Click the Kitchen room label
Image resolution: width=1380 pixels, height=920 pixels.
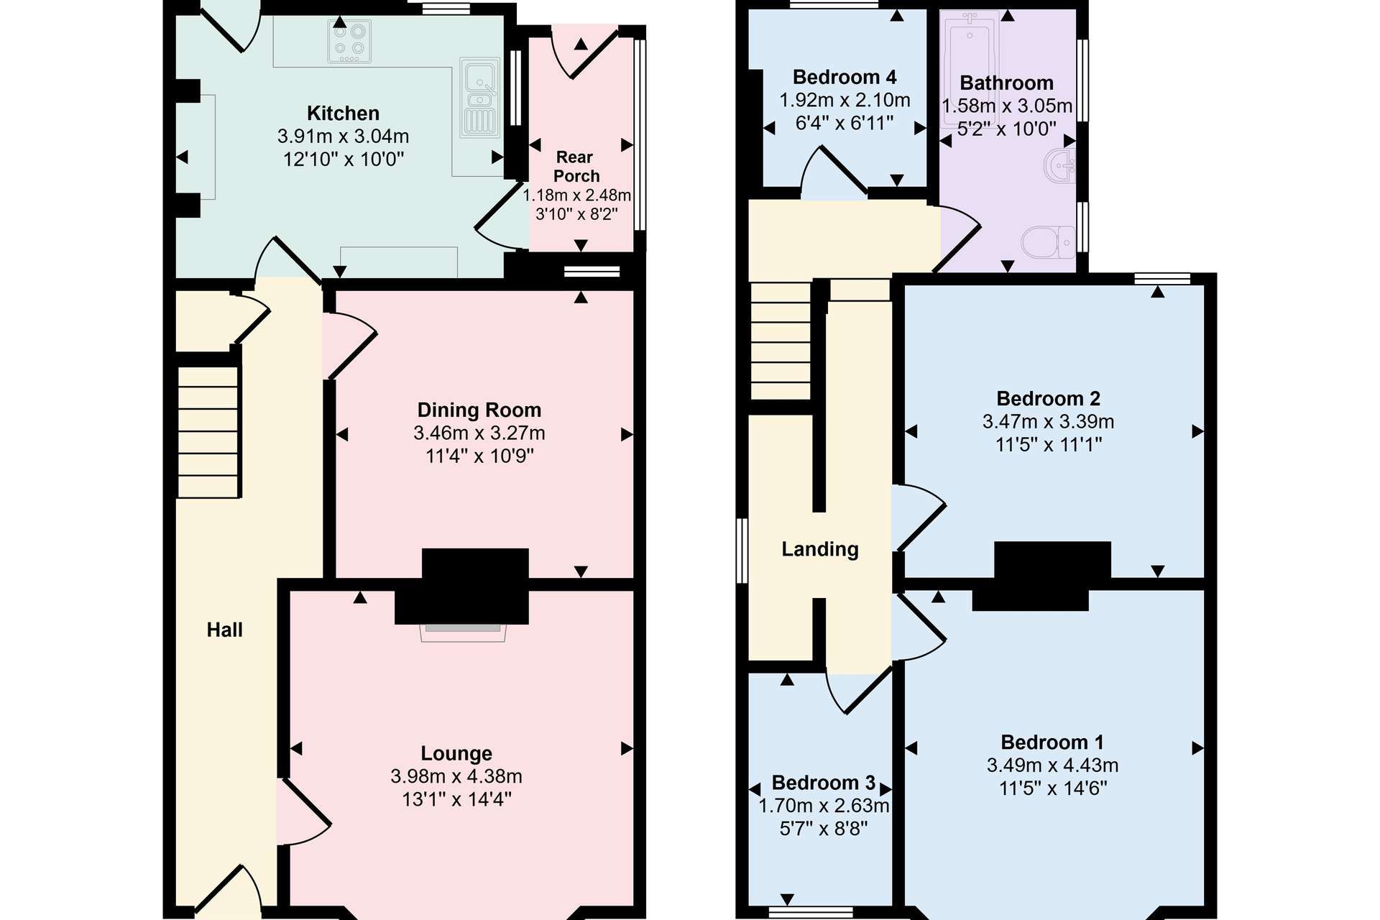(343, 114)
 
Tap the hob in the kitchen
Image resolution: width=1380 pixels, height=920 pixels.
(349, 41)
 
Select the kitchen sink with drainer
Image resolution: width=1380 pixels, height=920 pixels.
(479, 98)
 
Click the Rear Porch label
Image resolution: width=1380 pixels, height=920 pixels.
(576, 166)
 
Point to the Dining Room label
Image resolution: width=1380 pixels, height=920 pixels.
(479, 410)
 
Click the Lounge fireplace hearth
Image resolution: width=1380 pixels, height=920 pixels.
(463, 632)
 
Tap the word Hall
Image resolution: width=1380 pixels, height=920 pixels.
(225, 630)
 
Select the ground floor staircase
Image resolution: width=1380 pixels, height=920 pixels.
(208, 432)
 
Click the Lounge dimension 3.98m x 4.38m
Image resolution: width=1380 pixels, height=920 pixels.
(456, 776)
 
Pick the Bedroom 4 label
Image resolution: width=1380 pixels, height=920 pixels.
(845, 77)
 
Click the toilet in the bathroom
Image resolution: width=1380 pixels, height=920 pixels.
(1048, 242)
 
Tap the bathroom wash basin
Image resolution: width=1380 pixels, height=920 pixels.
(1059, 166)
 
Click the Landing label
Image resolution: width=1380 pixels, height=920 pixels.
(820, 550)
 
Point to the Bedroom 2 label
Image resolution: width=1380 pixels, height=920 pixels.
(1048, 399)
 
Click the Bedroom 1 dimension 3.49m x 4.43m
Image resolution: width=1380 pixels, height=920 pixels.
(1052, 765)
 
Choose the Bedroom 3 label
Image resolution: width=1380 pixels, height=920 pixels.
(824, 783)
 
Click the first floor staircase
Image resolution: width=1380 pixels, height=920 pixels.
(781, 341)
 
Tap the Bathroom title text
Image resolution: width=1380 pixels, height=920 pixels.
(1006, 83)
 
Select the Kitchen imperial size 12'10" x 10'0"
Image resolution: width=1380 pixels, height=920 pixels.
(344, 160)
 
